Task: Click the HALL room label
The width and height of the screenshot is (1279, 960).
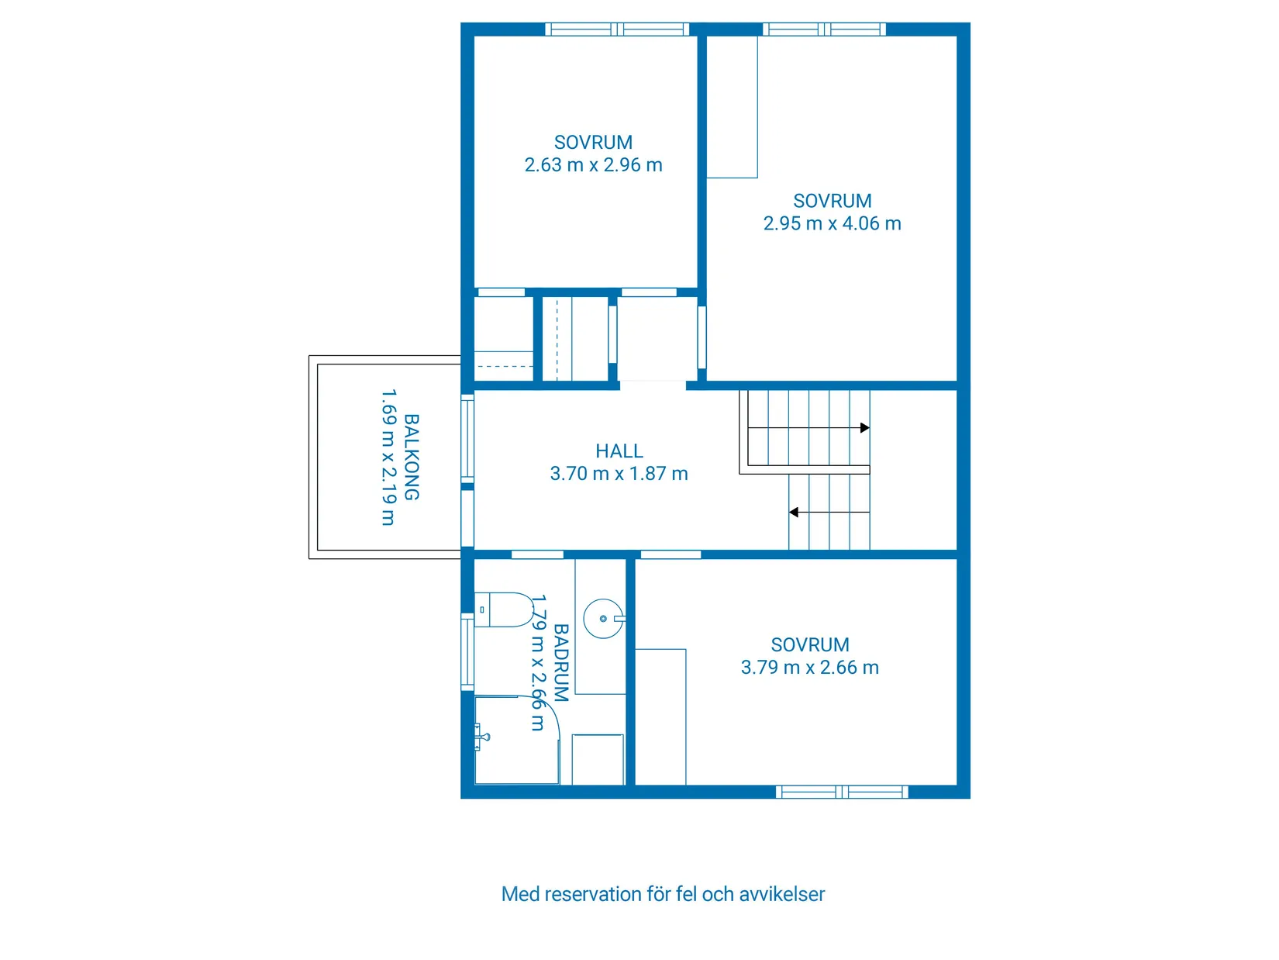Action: tap(619, 451)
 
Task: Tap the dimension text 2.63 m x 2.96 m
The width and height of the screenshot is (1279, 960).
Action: tap(593, 165)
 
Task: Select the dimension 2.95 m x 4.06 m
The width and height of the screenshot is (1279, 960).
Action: tap(832, 223)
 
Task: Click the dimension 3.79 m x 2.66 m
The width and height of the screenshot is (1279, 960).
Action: tap(809, 668)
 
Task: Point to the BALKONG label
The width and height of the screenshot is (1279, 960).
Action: tap(412, 457)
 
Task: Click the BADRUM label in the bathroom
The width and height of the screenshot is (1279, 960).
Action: tap(561, 663)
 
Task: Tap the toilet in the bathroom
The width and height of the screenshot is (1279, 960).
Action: tap(504, 609)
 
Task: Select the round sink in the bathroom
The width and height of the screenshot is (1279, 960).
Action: tap(602, 619)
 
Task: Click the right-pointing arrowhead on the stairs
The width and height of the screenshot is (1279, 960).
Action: tap(864, 428)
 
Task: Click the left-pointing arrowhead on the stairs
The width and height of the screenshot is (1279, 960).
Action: tap(794, 513)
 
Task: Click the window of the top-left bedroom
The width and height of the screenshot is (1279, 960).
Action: tap(617, 29)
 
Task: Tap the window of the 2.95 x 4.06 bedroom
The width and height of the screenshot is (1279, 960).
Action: tap(824, 29)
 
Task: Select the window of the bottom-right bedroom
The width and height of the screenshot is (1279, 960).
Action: tap(842, 792)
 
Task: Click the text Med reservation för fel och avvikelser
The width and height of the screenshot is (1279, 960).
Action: tap(663, 894)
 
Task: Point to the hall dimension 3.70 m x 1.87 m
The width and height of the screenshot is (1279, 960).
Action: tap(619, 474)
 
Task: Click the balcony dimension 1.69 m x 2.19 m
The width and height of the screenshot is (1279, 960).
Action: tap(388, 458)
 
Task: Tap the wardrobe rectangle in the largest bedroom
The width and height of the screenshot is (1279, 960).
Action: tap(732, 107)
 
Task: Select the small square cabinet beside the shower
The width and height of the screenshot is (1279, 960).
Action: tap(598, 759)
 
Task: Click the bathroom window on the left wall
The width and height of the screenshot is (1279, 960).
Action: tap(467, 651)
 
